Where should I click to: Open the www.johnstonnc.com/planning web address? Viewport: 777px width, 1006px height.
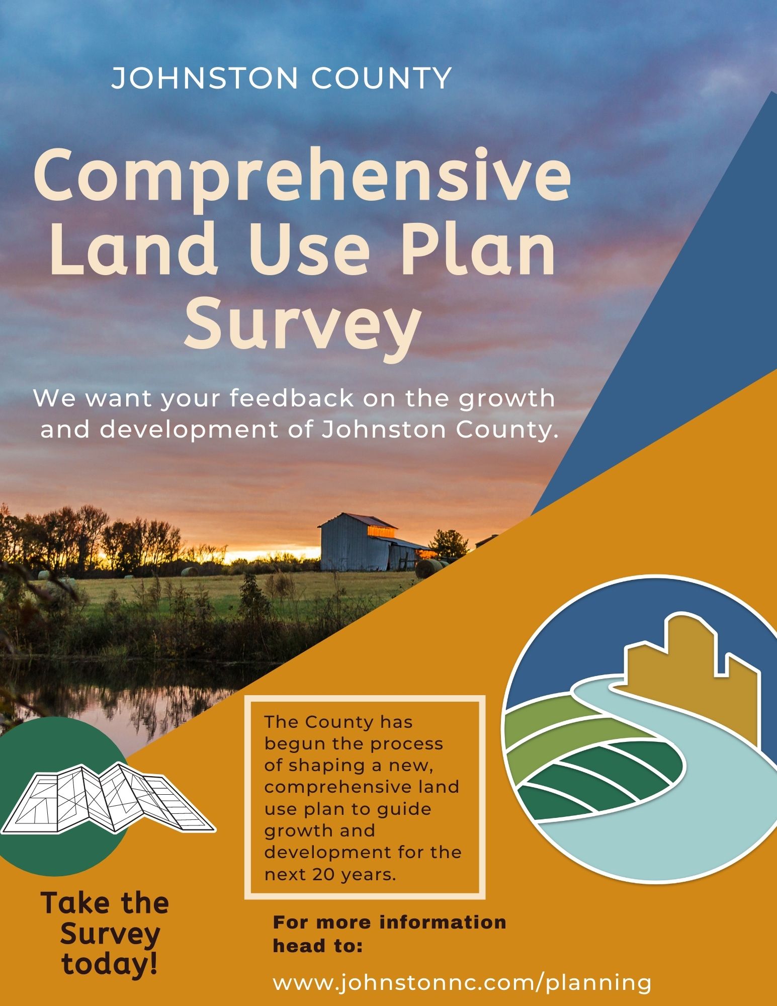coord(462,982)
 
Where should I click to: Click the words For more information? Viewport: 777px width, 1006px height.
coord(389,922)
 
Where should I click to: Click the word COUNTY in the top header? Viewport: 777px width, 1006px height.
coord(381,78)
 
